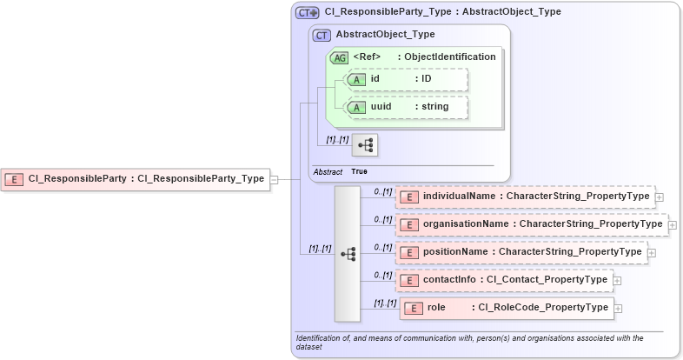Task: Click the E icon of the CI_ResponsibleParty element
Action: pos(14,179)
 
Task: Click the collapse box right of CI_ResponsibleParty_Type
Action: pos(274,179)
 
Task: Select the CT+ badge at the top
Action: pos(308,13)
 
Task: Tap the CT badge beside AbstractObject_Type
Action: pos(322,36)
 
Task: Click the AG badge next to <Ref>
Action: pos(340,57)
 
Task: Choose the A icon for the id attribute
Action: pos(356,80)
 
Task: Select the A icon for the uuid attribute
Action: pos(356,107)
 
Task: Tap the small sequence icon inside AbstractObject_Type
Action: pos(365,143)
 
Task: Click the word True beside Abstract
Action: pos(359,171)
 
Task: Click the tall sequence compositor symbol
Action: pos(348,253)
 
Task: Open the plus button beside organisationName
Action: pos(673,224)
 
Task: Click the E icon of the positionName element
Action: pos(409,253)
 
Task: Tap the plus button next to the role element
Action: pos(618,308)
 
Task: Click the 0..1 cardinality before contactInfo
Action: pos(383,275)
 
